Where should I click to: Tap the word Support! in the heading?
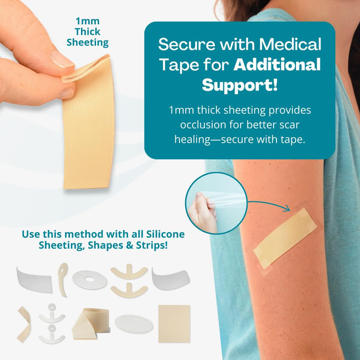tap(239, 84)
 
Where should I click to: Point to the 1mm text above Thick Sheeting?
tap(87, 21)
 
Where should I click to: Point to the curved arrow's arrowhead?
tap(285, 208)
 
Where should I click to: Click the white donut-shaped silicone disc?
tap(89, 279)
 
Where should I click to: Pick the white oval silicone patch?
tap(133, 324)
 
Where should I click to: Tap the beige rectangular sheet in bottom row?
tap(174, 323)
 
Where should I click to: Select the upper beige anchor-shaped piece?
tap(129, 272)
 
